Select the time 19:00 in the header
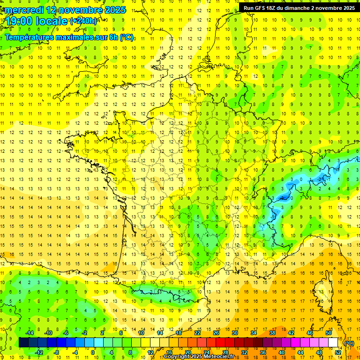[x=21, y=21]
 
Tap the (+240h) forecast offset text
[x=83, y=21]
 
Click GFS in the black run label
[x=262, y=8]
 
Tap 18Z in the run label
[x=275, y=8]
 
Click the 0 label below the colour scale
[x=93, y=352]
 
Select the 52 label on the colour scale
[x=338, y=352]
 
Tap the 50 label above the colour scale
[x=329, y=333]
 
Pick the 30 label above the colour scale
[x=235, y=333]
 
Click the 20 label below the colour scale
[x=188, y=352]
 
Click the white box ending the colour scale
[x=333, y=343]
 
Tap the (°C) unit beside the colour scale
[x=349, y=343]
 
